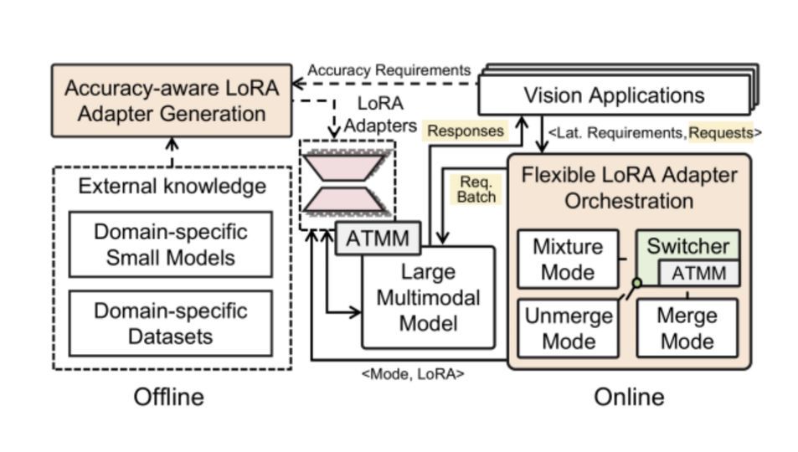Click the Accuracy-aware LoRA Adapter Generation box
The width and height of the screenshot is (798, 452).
[172, 100]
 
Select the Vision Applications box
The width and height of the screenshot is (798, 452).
[614, 95]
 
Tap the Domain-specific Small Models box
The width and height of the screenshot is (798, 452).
[170, 244]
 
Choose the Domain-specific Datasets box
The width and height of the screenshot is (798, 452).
[170, 323]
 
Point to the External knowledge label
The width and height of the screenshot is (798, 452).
[172, 186]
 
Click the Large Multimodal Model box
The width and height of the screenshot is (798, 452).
[428, 297]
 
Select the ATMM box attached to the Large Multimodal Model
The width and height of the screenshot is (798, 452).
[377, 239]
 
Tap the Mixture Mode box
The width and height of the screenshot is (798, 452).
[568, 259]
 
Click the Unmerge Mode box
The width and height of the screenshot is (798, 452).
[568, 328]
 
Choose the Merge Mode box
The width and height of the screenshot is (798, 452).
[687, 328]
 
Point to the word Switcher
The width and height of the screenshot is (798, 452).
[687, 246]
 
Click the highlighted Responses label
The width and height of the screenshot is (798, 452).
[466, 131]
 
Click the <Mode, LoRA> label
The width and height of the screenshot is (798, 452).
[412, 374]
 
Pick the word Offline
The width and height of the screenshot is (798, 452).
[168, 397]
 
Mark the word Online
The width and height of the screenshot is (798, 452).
[629, 397]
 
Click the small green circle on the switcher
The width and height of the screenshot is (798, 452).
[636, 283]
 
